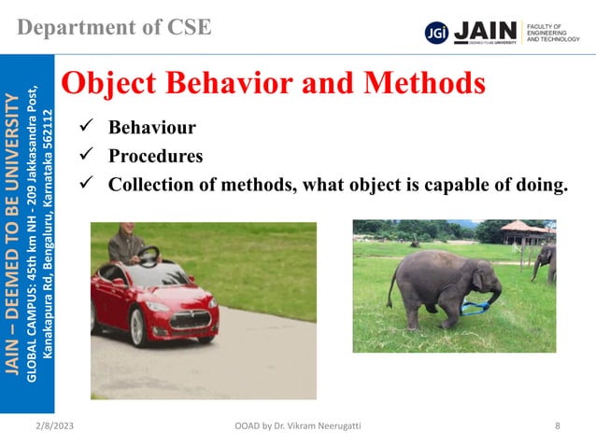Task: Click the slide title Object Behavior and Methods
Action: [273, 84]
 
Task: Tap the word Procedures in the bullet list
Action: [155, 155]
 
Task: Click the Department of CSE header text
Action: [113, 26]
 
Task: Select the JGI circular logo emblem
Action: [435, 32]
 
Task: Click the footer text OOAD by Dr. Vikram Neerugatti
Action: [299, 426]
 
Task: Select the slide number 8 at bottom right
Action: [558, 426]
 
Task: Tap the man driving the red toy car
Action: [127, 245]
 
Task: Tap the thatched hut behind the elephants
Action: [524, 230]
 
